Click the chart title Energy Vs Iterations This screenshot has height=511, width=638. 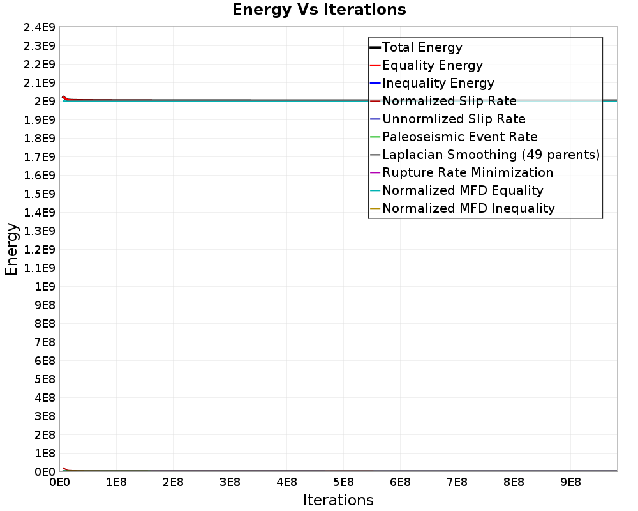click(x=319, y=10)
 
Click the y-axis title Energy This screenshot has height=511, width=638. click(x=11, y=248)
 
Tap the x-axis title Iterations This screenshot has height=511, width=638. click(x=338, y=500)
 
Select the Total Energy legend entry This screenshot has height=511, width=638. click(x=422, y=47)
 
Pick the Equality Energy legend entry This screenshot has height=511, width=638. click(x=432, y=65)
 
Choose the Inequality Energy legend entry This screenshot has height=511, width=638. click(x=438, y=83)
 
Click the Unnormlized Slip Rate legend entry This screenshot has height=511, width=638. click(x=454, y=119)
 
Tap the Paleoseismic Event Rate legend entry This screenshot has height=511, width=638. click(x=459, y=137)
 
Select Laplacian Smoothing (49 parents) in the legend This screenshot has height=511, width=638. click(x=491, y=155)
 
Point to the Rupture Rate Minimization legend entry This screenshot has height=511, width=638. click(x=468, y=172)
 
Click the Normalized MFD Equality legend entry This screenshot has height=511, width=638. click(x=463, y=190)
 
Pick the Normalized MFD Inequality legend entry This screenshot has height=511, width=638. click(x=468, y=208)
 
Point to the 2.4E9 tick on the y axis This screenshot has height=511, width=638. click(x=40, y=27)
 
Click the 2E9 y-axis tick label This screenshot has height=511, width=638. click(x=45, y=101)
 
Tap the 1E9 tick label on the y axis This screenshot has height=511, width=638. click(x=45, y=286)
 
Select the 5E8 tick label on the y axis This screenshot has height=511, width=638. click(x=45, y=379)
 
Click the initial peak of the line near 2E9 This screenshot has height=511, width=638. click(x=63, y=96)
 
